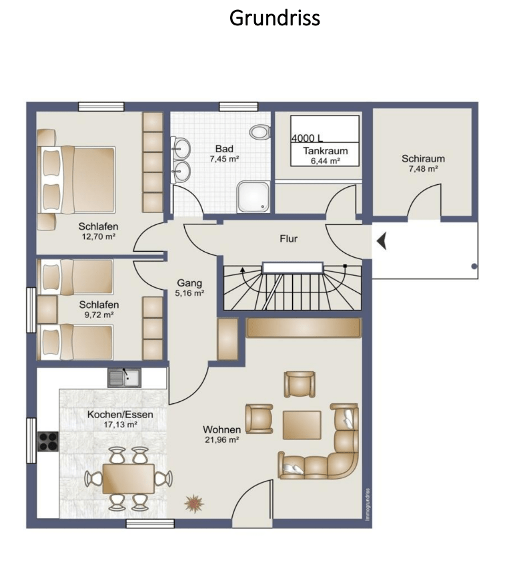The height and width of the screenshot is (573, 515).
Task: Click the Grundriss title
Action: [274, 18]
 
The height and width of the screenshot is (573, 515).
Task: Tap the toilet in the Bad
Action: [260, 132]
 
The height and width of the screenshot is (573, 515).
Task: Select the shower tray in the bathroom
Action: [253, 196]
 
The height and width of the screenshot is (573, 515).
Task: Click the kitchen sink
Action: [124, 378]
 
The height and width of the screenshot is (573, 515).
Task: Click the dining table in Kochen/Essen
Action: [129, 479]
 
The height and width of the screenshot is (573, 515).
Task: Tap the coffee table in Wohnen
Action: [302, 425]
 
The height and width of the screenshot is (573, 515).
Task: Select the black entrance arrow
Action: [382, 242]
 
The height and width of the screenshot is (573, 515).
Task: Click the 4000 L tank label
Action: [307, 138]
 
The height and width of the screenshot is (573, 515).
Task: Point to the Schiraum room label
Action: [424, 158]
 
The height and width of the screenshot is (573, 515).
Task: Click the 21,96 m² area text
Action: [222, 440]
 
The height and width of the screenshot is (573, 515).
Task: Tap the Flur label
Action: [288, 238]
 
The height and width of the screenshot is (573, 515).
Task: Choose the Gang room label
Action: [189, 283]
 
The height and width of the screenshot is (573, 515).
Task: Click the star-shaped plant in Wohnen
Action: [194, 504]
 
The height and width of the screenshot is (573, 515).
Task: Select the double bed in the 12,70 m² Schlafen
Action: [77, 180]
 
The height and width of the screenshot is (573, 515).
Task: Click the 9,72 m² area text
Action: [99, 315]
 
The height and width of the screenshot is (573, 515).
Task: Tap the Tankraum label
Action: [325, 151]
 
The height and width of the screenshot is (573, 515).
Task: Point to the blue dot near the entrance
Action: [474, 266]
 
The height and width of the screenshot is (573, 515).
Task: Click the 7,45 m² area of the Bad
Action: [224, 159]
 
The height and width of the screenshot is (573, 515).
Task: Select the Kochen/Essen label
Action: [120, 415]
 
